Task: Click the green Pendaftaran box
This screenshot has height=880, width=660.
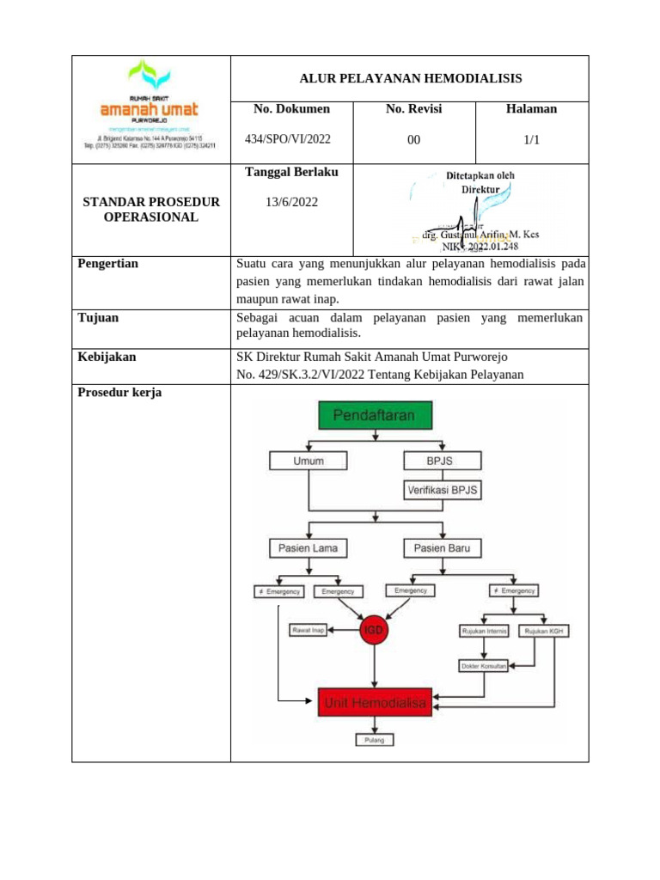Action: [374, 416]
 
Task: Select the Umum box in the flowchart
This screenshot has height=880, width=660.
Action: [309, 461]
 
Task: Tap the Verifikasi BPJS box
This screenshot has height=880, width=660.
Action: [443, 491]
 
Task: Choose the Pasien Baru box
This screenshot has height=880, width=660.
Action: [442, 547]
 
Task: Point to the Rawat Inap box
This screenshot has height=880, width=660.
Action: [308, 630]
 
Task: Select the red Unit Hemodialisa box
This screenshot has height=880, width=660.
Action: [375, 703]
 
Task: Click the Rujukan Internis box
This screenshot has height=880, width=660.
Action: [485, 632]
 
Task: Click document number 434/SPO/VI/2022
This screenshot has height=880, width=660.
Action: [287, 139]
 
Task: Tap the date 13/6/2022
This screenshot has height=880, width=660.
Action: [292, 202]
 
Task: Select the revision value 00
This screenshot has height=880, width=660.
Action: [413, 139]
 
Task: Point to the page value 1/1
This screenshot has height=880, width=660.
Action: [531, 139]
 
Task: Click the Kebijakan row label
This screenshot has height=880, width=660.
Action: [107, 357]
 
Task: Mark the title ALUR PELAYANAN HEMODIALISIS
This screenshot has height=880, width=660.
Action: [410, 78]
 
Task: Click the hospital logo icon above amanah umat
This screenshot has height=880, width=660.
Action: [149, 76]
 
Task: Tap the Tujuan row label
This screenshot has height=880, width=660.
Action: [98, 318]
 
